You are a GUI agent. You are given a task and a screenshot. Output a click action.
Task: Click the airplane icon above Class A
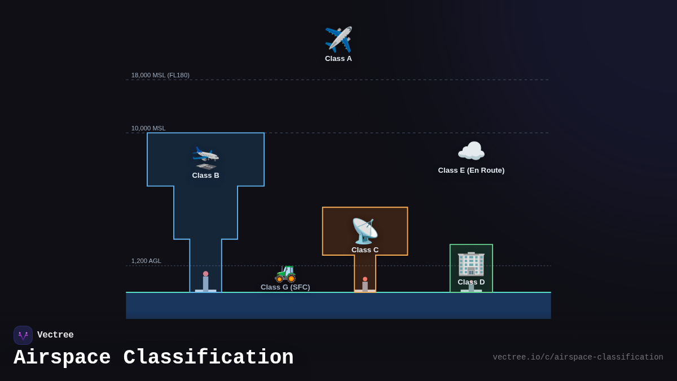pyautogui.click(x=338, y=40)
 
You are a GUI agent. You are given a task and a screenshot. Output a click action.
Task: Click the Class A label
pyautogui.click(x=338, y=59)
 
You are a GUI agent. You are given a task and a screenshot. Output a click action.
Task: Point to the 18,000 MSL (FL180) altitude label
pyautogui.click(x=160, y=75)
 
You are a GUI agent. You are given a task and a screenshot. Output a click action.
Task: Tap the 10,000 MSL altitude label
pyautogui.click(x=148, y=128)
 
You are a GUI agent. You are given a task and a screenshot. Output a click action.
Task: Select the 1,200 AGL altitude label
pyautogui.click(x=146, y=261)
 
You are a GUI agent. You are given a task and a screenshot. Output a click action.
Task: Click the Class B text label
pyautogui.click(x=205, y=176)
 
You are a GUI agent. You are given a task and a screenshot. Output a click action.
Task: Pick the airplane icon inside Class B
pyautogui.click(x=205, y=157)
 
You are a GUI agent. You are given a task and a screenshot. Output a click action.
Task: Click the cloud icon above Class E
pyautogui.click(x=471, y=151)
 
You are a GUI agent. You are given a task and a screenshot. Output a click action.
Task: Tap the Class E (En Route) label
pyautogui.click(x=471, y=170)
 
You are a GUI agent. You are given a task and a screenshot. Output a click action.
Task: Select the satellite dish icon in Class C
pyautogui.click(x=364, y=231)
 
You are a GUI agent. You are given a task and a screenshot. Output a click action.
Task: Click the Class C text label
pyautogui.click(x=365, y=250)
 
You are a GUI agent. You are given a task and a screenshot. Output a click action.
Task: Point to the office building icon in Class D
pyautogui.click(x=471, y=263)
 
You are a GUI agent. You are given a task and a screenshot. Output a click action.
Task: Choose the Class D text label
pyautogui.click(x=471, y=282)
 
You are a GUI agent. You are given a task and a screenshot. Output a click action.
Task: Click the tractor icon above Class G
pyautogui.click(x=285, y=273)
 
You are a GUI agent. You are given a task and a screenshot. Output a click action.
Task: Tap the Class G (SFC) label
pyautogui.click(x=285, y=287)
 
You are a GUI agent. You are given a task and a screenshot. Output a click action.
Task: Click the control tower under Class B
pyautogui.click(x=205, y=282)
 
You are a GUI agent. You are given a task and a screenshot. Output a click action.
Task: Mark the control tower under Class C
pyautogui.click(x=365, y=285)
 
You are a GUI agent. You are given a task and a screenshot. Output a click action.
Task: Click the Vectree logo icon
pyautogui.click(x=23, y=335)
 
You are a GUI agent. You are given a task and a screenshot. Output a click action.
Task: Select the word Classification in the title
pyautogui.click(x=209, y=358)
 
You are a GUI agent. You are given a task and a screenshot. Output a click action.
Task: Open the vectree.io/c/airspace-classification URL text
pyautogui.click(x=578, y=357)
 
